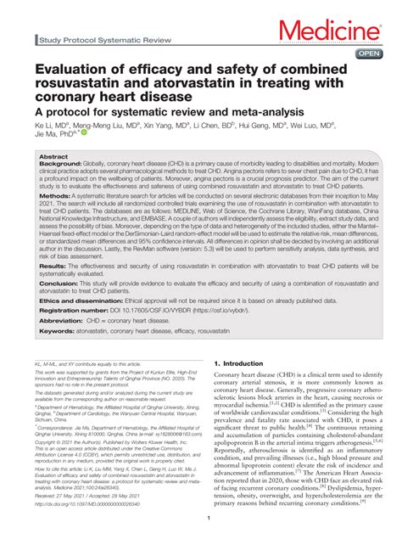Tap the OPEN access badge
pyautogui.click(x=369, y=53)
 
